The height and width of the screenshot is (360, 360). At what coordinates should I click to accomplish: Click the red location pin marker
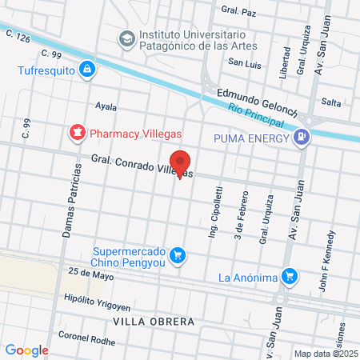[181, 163]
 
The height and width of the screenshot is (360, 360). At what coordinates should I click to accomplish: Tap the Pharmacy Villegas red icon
[78, 130]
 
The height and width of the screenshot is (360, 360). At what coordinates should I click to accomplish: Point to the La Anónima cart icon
[291, 278]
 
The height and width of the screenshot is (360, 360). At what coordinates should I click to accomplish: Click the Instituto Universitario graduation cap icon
[126, 38]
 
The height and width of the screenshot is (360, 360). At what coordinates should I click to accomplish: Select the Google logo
[27, 350]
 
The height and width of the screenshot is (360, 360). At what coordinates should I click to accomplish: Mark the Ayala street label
[106, 106]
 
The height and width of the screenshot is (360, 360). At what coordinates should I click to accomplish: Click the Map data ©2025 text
[326, 354]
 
